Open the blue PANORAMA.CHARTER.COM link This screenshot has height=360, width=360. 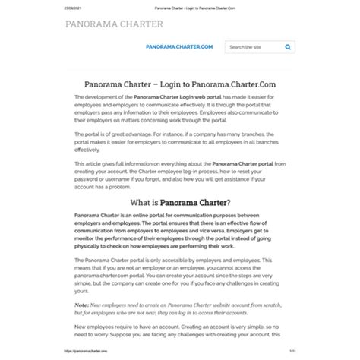click(x=179, y=47)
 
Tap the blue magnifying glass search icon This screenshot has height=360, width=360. click(x=288, y=47)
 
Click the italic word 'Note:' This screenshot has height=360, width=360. click(x=81, y=305)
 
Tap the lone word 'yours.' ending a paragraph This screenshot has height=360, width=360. click(x=82, y=292)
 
